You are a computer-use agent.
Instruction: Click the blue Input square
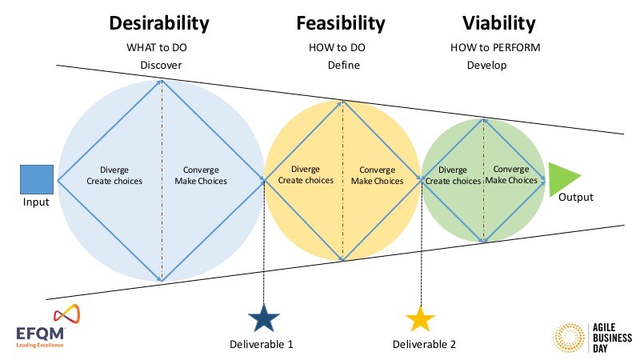point(37,179)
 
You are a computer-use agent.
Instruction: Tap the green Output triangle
point(562,178)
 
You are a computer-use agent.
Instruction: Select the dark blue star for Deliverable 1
point(264,318)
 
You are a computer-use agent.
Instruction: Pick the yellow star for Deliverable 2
point(420,318)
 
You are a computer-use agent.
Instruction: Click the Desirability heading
point(159,23)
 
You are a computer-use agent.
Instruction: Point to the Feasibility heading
point(341,23)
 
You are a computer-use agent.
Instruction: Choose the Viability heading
point(498,23)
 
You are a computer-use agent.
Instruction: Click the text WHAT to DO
point(157,48)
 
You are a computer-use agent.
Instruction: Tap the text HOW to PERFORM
point(495,48)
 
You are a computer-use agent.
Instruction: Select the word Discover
point(162,66)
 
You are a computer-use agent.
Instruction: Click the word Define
point(344,66)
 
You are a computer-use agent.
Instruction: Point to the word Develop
point(486,66)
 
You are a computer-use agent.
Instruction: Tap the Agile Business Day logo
point(593,337)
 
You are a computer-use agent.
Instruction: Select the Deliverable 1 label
point(262,345)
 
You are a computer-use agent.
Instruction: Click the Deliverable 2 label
point(424,345)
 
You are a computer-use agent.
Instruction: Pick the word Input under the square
point(36,202)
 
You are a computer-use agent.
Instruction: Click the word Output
point(575,197)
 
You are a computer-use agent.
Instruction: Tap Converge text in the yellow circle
point(377,170)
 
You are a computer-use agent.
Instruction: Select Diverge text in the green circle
point(452,170)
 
